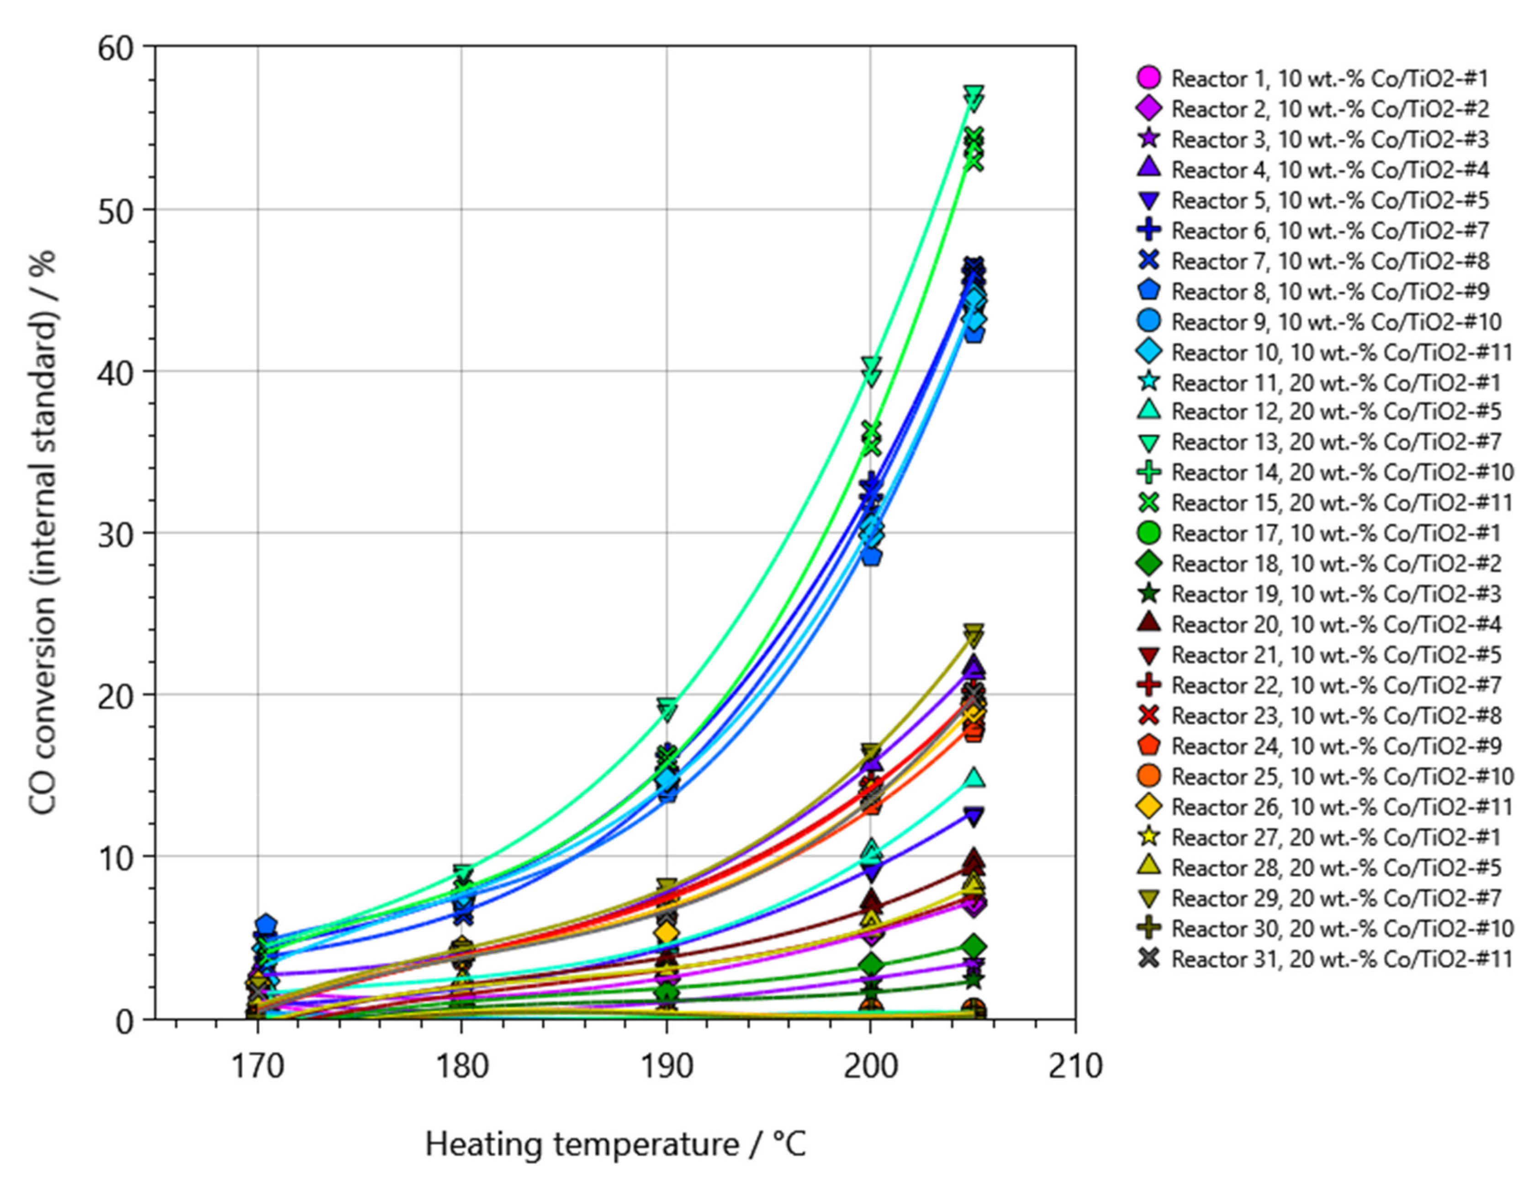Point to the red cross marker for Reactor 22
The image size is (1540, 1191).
(x=1148, y=685)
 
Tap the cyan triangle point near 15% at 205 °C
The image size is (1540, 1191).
(x=974, y=778)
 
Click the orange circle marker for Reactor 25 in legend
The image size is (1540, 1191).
(x=1148, y=776)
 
